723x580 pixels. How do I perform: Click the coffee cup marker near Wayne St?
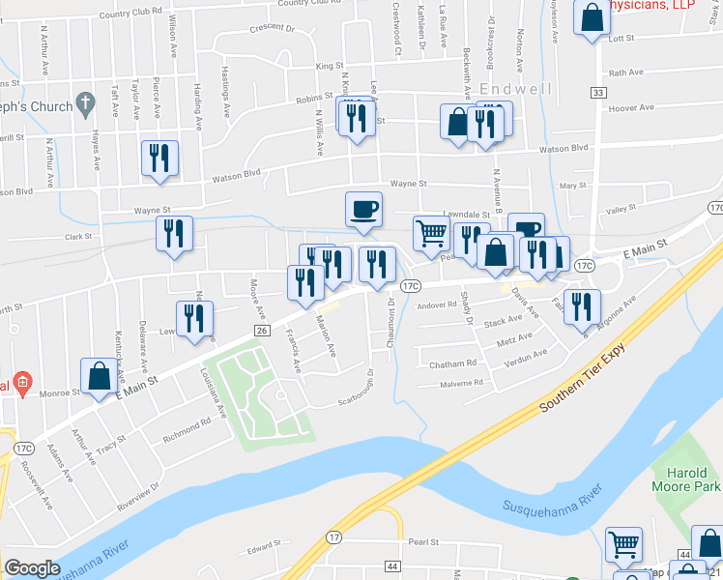coord(363,209)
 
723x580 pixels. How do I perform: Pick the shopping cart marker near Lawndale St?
coord(431,233)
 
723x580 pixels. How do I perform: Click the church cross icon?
coord(85,101)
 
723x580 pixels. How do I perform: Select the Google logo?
coord(32,568)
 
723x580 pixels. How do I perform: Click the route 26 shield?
coord(261,331)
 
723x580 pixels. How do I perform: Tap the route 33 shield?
coord(598,92)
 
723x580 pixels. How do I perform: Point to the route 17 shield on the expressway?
coord(333,536)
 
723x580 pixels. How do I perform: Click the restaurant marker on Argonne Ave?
coord(580,306)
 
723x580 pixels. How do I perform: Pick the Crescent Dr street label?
coord(270,29)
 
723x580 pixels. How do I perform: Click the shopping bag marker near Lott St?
coord(591,17)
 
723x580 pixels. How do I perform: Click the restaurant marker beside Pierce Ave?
coord(159,158)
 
